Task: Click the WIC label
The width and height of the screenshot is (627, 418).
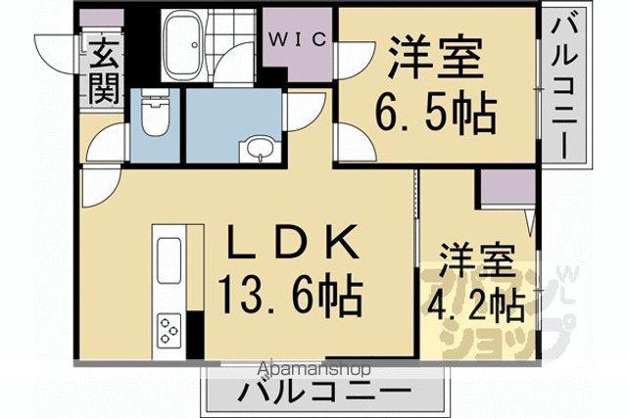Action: (x=297, y=39)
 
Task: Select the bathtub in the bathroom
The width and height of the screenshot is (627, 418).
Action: (x=182, y=43)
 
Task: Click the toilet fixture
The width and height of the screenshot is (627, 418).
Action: (x=155, y=114)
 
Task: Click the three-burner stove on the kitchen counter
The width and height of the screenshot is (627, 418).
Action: (x=169, y=330)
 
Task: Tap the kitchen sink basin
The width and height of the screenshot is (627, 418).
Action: (x=169, y=259)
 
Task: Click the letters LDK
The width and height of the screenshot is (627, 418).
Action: (x=292, y=241)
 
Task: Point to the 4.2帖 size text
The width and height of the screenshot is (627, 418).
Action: (x=476, y=306)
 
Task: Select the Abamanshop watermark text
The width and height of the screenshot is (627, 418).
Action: (x=314, y=369)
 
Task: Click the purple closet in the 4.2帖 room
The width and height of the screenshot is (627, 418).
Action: (x=507, y=187)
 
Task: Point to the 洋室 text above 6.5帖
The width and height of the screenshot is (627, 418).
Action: (x=435, y=58)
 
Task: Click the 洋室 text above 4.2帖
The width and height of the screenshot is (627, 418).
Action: (x=477, y=261)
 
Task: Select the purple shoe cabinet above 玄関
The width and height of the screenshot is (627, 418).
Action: (x=101, y=18)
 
